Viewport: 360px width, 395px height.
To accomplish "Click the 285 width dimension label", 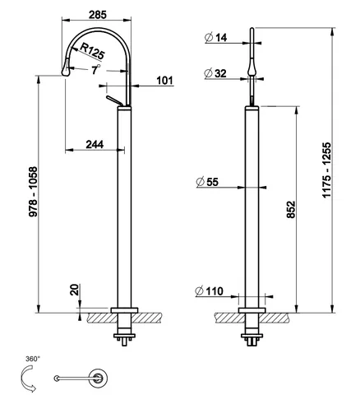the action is click(98, 15).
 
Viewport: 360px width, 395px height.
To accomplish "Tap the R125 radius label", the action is click(92, 51).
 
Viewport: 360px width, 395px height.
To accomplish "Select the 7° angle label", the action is click(95, 69).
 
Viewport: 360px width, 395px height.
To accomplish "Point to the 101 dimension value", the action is click(165, 81).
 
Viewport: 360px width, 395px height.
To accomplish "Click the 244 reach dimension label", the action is click(95, 144).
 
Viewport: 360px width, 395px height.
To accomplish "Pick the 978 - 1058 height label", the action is click(33, 192).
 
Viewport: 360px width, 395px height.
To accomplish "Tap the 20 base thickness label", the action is click(75, 290).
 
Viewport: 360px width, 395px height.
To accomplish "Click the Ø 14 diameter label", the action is click(216, 37).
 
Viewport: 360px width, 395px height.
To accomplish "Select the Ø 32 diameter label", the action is click(215, 73).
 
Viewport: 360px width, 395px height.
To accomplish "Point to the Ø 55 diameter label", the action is click(207, 182).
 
